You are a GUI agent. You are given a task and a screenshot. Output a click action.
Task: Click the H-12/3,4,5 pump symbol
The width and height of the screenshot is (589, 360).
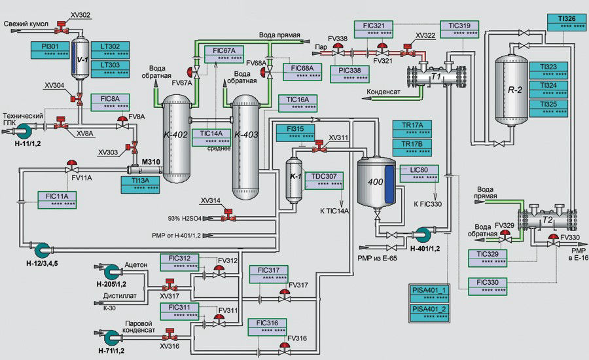[x=43, y=249]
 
